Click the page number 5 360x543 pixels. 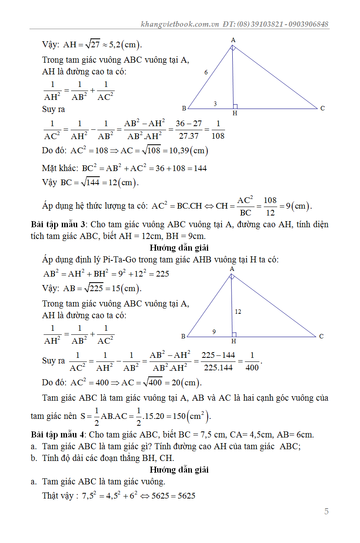(326, 511)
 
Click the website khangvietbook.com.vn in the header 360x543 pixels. (179, 24)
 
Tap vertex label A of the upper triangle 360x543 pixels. (233, 40)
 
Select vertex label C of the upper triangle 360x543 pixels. (322, 108)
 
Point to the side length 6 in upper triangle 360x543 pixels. (206, 73)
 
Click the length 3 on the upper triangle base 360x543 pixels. (215, 104)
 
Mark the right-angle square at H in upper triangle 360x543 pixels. (235, 106)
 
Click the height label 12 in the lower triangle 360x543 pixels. (238, 312)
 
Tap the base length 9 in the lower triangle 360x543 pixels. (214, 332)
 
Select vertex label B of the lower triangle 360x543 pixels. (183, 336)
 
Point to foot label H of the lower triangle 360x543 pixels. (234, 341)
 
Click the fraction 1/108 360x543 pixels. (218, 130)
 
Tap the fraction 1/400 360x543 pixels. (252, 361)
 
